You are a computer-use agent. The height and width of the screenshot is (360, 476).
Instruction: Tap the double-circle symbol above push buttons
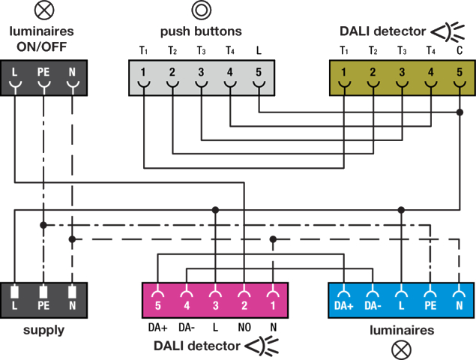pos(201,10)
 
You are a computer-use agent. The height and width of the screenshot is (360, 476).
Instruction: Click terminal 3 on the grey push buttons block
pos(201,73)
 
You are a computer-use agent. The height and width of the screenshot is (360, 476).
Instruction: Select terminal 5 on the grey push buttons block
pos(259,73)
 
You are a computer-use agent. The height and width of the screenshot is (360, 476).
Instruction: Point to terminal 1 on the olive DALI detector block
pos(344,73)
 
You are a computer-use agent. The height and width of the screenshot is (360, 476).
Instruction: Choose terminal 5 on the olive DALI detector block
pos(460,73)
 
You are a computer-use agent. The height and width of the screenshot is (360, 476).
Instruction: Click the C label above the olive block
pos(460,51)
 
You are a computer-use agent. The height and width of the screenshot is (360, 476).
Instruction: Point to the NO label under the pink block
pos(244,328)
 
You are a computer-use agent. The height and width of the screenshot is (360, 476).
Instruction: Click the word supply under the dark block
pos(43,330)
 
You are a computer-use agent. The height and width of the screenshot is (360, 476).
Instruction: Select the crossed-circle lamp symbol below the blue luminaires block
pos(402,349)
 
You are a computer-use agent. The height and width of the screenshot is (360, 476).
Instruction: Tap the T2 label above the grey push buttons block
pos(172,51)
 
